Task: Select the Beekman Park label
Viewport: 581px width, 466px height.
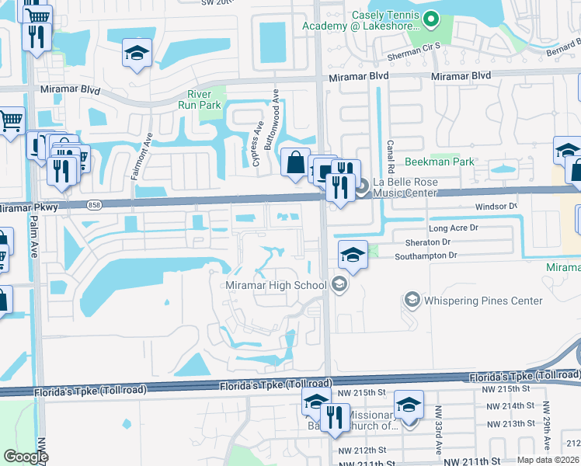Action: pyautogui.click(x=439, y=162)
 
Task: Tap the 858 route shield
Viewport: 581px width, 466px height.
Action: pyautogui.click(x=94, y=205)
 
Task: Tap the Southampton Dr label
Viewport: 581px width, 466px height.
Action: pyautogui.click(x=426, y=255)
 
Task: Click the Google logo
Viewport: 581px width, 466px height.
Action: pyautogui.click(x=26, y=457)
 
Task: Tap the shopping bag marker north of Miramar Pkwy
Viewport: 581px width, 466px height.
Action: pyautogui.click(x=295, y=163)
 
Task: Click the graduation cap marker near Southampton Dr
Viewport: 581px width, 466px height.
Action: pyautogui.click(x=352, y=256)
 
